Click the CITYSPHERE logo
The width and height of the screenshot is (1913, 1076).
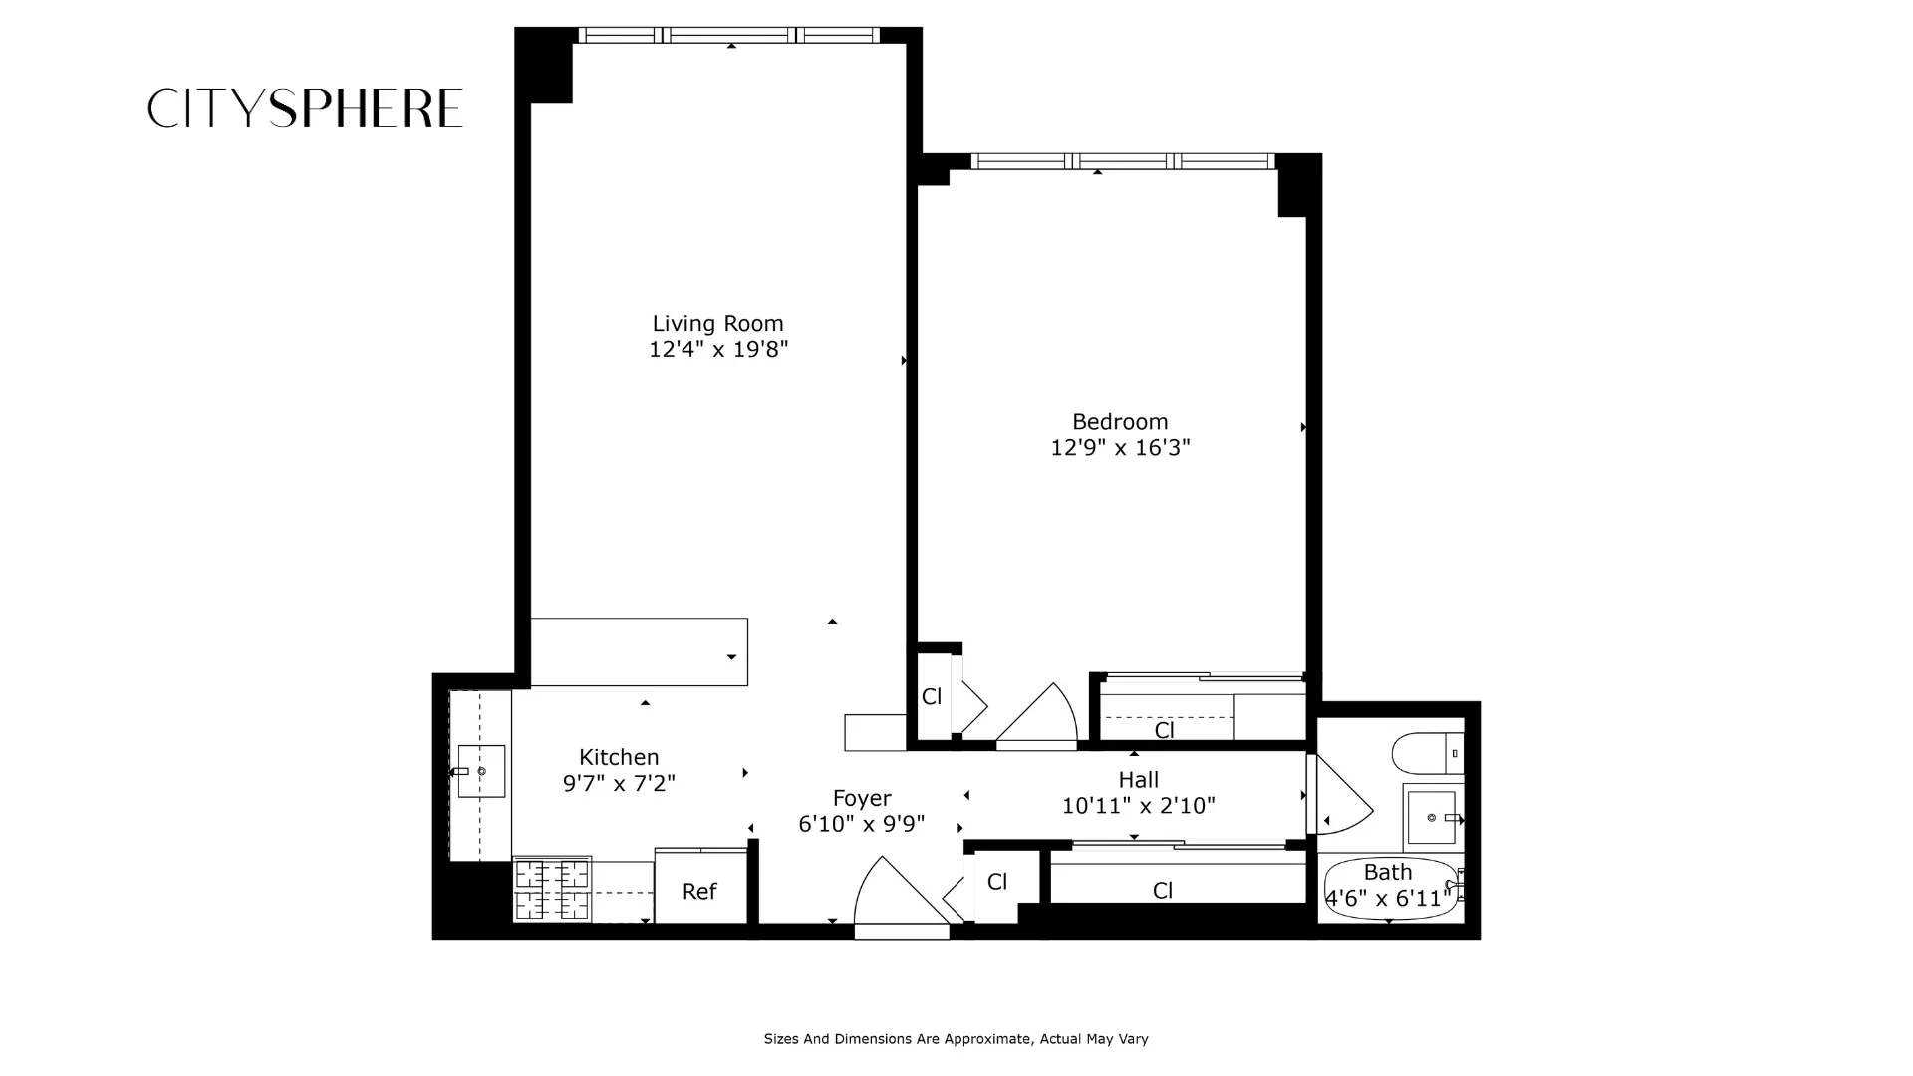point(305,108)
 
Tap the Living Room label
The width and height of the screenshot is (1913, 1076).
point(717,323)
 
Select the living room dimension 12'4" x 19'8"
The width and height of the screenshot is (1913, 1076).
point(717,349)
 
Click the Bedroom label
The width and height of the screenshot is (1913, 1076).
point(1120,421)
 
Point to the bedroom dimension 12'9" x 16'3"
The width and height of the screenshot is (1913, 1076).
point(1120,447)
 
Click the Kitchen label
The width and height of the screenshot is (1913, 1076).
point(619,757)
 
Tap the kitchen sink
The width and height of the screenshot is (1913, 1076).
point(481,771)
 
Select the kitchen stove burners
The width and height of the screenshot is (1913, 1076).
point(552,890)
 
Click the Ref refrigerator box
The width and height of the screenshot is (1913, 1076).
point(699,890)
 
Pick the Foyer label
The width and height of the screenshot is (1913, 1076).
point(862,798)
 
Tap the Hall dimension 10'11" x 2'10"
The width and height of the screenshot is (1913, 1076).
point(1138,805)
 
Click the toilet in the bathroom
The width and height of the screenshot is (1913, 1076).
point(1427,753)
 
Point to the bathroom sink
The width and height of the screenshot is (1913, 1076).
point(1432,817)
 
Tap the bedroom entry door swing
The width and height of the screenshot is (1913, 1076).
point(1039,715)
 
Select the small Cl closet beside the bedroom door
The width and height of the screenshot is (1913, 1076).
point(933,696)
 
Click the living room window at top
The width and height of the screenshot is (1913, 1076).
point(729,36)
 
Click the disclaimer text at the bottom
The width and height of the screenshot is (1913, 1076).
point(956,1039)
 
